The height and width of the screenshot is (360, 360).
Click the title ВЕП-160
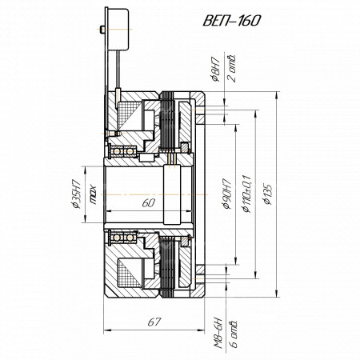pyautogui.click(x=231, y=21)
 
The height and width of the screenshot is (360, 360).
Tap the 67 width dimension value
pyautogui.click(x=154, y=322)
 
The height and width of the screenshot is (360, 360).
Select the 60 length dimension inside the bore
pyautogui.click(x=149, y=203)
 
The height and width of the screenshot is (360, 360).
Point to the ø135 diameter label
pyautogui.click(x=267, y=194)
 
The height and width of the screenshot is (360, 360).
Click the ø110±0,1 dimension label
pyautogui.click(x=246, y=194)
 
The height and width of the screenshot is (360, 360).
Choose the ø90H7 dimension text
pyautogui.click(x=226, y=194)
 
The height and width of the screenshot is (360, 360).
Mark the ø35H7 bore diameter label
pyautogui.click(x=76, y=194)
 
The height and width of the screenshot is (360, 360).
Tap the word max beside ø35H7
pyautogui.click(x=93, y=195)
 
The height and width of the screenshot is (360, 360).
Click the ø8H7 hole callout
pyautogui.click(x=215, y=69)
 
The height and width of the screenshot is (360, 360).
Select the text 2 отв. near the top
pyautogui.click(x=231, y=68)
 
